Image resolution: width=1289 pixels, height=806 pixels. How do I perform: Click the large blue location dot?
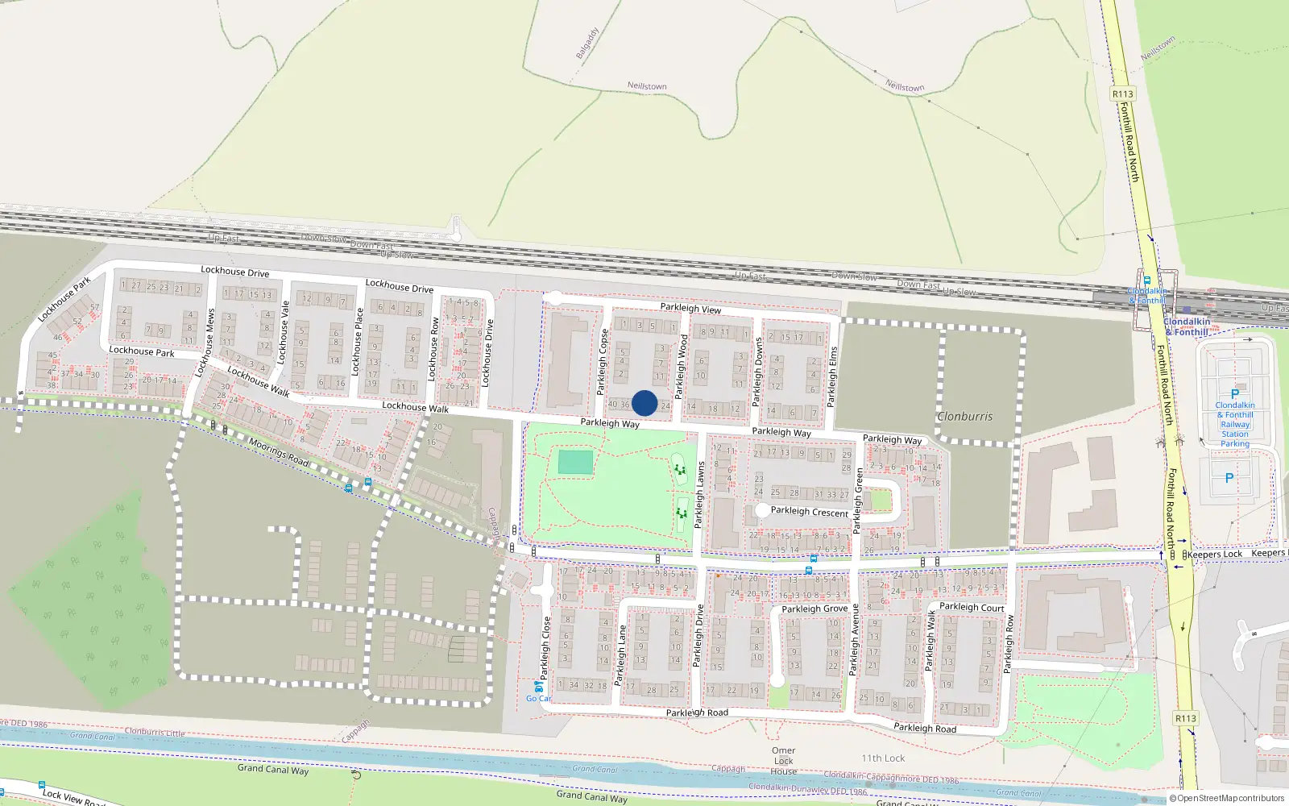[x=644, y=403]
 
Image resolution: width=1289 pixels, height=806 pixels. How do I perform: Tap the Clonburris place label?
[x=964, y=417]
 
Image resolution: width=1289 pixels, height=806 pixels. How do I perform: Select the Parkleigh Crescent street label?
[x=809, y=512]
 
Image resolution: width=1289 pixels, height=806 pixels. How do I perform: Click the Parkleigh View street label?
[x=690, y=309]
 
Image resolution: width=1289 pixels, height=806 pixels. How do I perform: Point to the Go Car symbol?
[x=538, y=687]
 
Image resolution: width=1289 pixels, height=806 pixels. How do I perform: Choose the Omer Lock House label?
[x=783, y=761]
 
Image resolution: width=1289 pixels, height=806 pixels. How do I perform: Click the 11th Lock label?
[x=883, y=758]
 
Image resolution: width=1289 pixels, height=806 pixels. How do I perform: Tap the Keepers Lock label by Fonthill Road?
[x=1215, y=555]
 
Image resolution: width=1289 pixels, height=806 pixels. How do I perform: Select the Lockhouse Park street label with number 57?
[x=64, y=300]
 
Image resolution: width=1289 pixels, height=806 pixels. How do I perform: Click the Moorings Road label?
[x=278, y=451]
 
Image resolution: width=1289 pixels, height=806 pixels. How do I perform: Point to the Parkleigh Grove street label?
[x=814, y=609]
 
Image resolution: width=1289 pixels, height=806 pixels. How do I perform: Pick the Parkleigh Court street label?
[x=972, y=608]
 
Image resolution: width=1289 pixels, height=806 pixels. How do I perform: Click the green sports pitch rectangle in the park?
[x=575, y=463]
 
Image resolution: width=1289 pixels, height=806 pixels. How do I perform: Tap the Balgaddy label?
[x=587, y=44]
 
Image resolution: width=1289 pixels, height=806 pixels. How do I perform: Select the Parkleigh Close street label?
[x=546, y=648]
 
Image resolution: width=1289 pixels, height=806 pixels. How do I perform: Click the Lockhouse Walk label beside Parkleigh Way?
[x=415, y=407]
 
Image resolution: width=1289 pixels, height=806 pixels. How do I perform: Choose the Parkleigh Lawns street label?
[x=700, y=495]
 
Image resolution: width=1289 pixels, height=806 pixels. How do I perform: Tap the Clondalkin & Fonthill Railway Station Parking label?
[x=1234, y=424]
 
